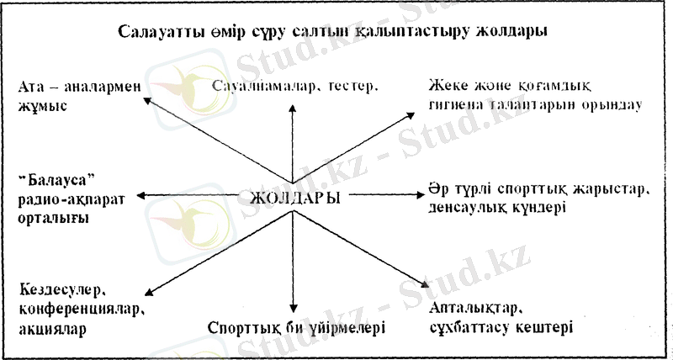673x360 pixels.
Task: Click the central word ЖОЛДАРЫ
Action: [295, 199]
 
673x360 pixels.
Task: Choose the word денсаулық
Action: [469, 207]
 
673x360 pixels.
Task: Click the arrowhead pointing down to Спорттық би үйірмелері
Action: [293, 309]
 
